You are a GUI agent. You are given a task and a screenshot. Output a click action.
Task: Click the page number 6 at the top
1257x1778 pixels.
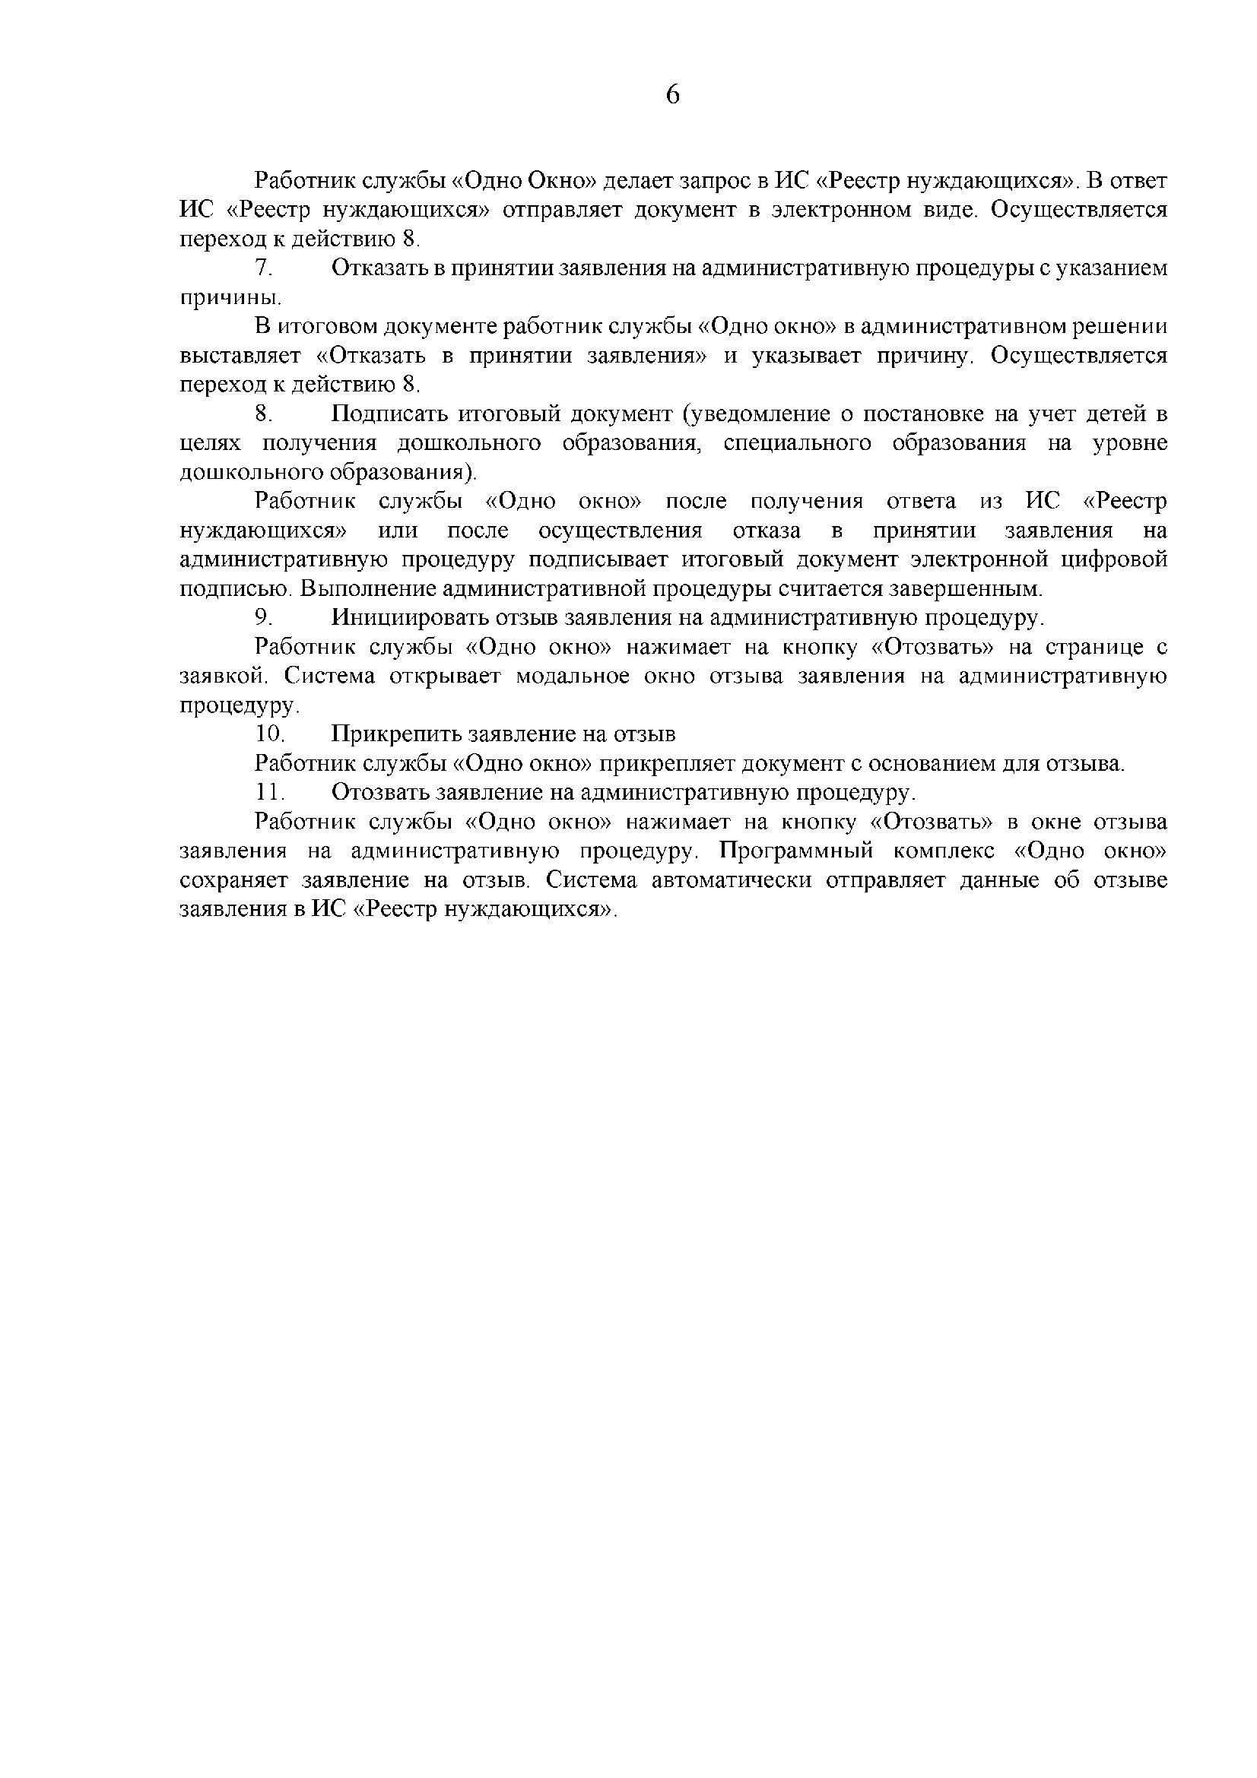point(672,95)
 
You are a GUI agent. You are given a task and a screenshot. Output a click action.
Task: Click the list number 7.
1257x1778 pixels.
point(263,268)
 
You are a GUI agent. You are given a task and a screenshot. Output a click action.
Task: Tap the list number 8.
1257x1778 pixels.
point(263,414)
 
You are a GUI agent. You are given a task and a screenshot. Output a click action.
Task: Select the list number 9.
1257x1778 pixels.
point(263,618)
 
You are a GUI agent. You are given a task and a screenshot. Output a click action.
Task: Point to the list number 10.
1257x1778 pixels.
point(269,734)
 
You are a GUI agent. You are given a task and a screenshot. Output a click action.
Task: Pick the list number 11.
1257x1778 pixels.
point(269,793)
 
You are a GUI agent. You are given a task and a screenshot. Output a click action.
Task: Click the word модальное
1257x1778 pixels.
point(573,676)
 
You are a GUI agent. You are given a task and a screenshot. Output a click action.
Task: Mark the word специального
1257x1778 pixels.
point(798,444)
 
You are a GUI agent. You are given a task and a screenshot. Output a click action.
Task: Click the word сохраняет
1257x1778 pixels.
point(233,880)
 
